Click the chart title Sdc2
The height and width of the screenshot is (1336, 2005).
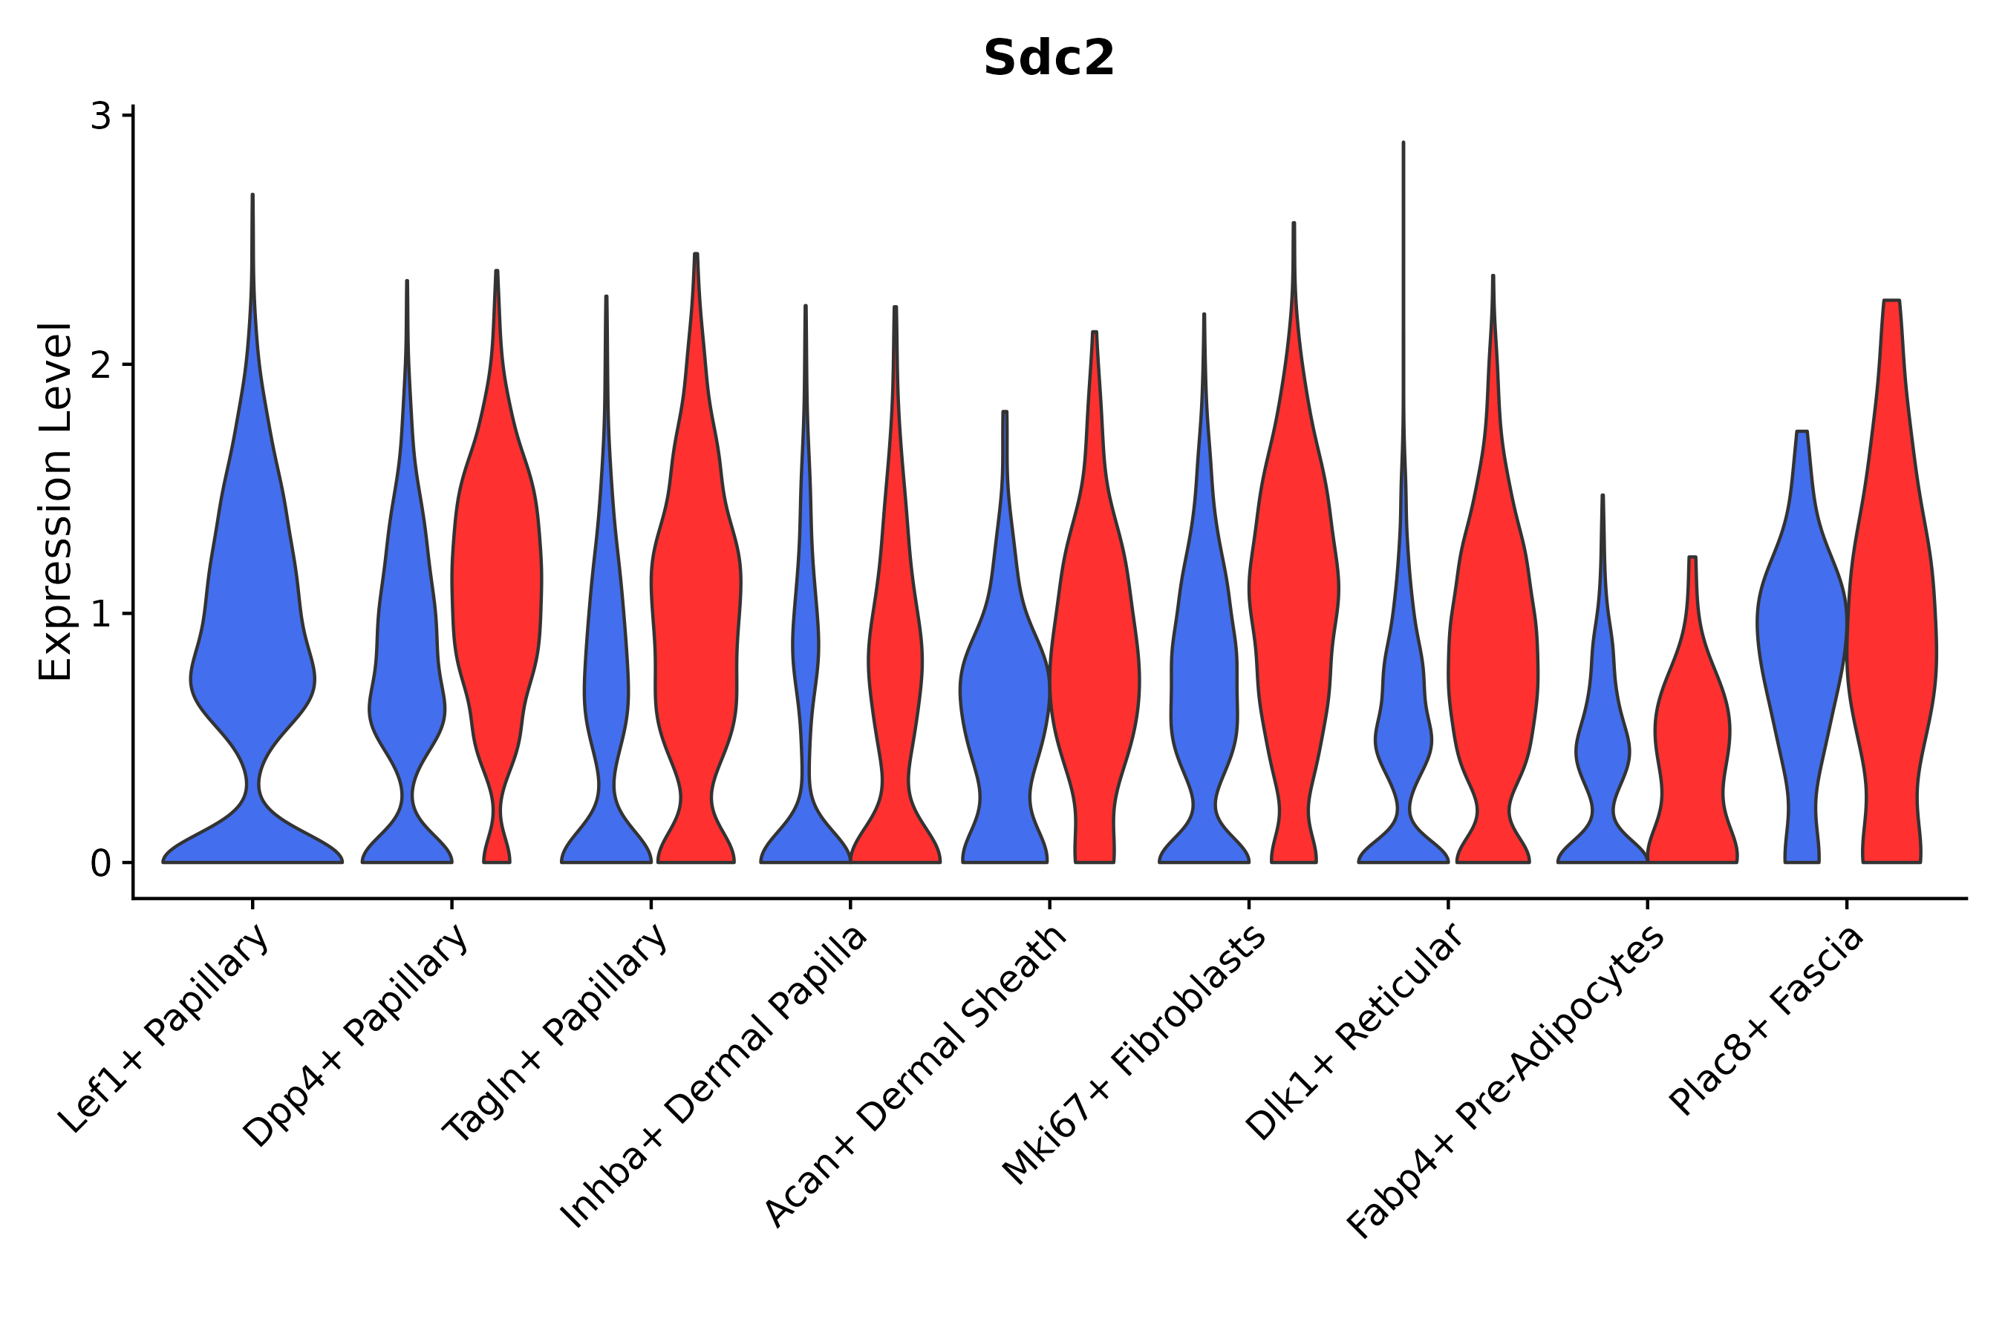[x=1049, y=59]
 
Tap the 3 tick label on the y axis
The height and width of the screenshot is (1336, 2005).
[x=100, y=117]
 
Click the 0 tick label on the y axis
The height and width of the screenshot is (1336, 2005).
[x=100, y=864]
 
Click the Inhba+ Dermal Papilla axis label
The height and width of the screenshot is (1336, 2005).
[x=714, y=1077]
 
